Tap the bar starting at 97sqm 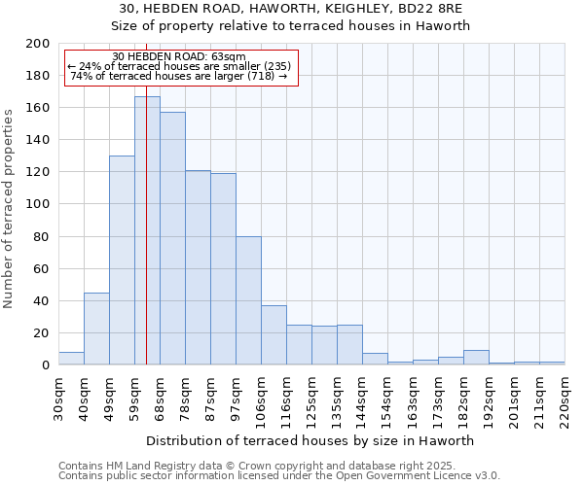click(x=248, y=300)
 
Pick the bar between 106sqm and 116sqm click(x=274, y=335)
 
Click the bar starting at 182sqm click(x=476, y=358)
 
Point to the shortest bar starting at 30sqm click(x=71, y=359)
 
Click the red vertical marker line click(x=146, y=243)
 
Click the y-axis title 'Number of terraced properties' click(x=10, y=209)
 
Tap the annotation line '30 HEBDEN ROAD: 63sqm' click(x=179, y=57)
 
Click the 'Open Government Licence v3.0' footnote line click(x=279, y=476)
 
